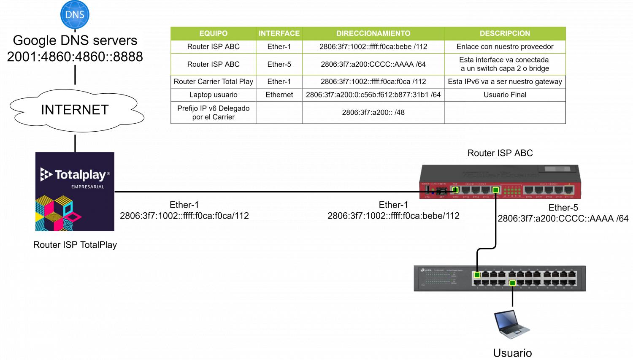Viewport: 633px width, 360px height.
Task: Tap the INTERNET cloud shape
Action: click(75, 110)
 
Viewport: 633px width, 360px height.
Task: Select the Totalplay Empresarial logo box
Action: click(75, 191)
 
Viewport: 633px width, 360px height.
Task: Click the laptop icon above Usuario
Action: click(512, 325)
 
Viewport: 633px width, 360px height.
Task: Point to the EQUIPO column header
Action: click(213, 33)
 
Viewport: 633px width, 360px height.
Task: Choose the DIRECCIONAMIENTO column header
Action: click(373, 33)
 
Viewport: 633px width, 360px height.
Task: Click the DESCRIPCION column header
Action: click(505, 33)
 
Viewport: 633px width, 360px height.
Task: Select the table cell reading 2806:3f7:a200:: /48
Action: click(373, 113)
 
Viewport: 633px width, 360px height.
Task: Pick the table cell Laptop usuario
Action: click(213, 95)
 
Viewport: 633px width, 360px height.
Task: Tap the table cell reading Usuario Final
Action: click(505, 95)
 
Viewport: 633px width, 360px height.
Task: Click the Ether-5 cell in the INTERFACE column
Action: click(279, 64)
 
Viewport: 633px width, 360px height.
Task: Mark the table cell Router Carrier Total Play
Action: click(213, 81)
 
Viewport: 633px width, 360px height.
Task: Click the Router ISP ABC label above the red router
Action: click(500, 153)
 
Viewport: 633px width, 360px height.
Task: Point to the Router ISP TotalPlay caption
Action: click(75, 245)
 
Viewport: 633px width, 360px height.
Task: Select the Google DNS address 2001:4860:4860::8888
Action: click(75, 57)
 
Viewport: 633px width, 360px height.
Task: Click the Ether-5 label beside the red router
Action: click(563, 208)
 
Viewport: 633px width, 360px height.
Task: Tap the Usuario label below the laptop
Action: click(512, 353)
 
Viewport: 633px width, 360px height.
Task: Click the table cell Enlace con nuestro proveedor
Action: click(505, 46)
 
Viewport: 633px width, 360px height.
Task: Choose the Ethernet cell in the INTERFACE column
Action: click(279, 95)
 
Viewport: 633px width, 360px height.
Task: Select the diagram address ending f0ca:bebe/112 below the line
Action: click(393, 216)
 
